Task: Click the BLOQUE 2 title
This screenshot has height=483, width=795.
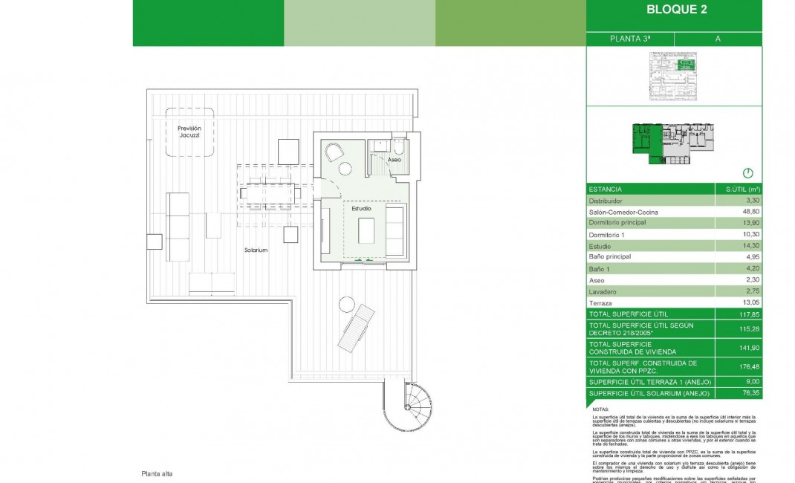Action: (676, 10)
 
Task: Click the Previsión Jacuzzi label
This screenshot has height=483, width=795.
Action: (189, 132)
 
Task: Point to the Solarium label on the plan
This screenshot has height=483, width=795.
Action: (256, 250)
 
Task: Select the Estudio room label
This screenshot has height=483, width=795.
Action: (362, 209)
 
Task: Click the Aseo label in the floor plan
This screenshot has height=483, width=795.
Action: (395, 160)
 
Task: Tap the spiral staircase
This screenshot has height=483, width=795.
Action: (406, 407)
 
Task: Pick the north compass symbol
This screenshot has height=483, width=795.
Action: (748, 173)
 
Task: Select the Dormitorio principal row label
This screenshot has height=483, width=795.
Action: (617, 223)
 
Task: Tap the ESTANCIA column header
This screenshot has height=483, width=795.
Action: (606, 189)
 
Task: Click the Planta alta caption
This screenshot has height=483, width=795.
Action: (157, 473)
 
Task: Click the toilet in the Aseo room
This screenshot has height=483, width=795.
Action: (398, 146)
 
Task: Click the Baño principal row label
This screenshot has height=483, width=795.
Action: (610, 257)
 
